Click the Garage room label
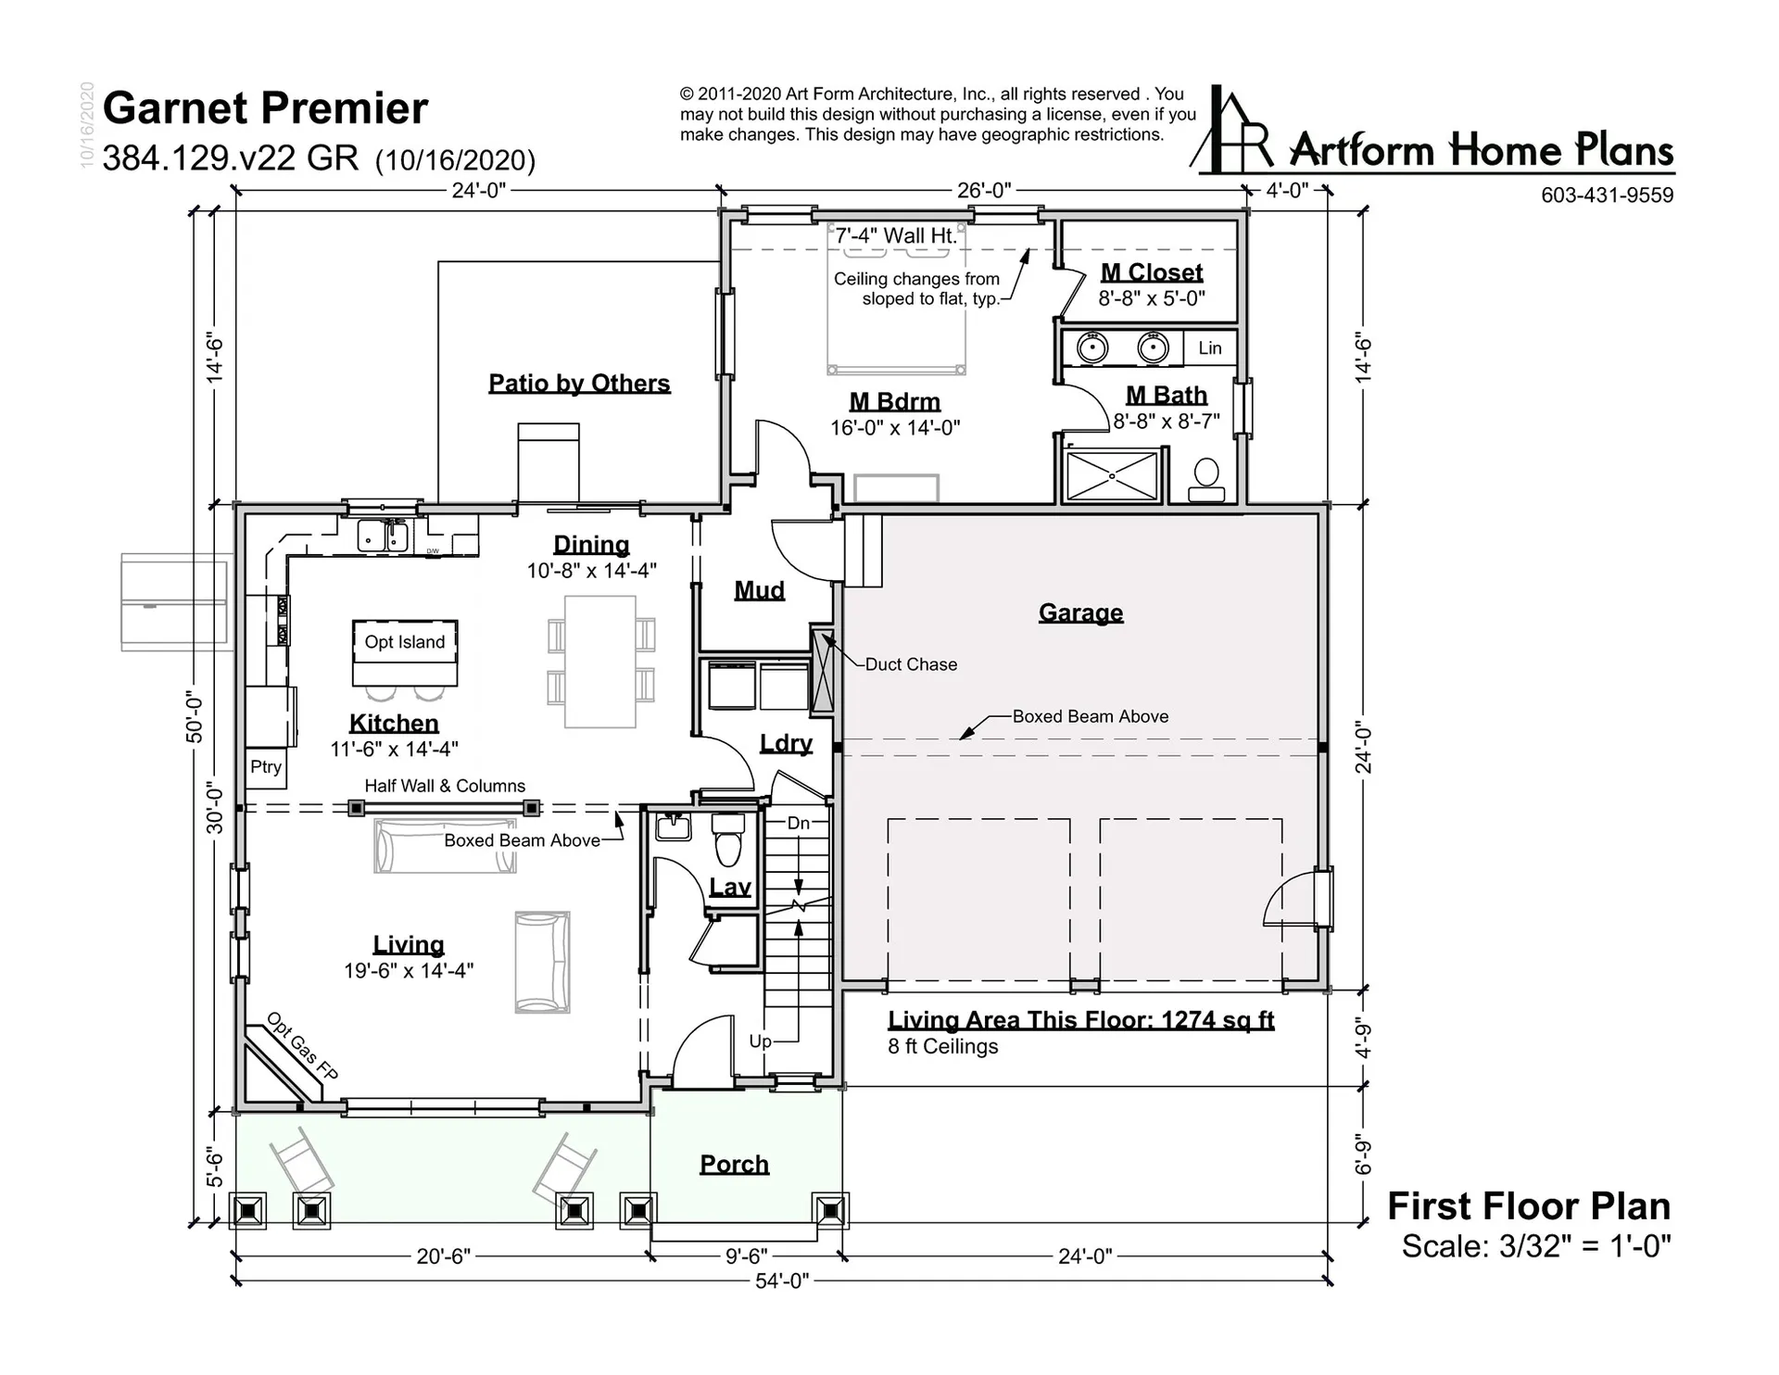[x=1080, y=612]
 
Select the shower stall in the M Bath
[x=1113, y=475]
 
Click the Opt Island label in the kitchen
[x=405, y=642]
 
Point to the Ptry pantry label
[x=266, y=766]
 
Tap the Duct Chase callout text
[x=911, y=664]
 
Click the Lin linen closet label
[x=1210, y=347]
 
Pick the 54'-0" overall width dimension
[x=782, y=1280]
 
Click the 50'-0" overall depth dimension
[x=195, y=716]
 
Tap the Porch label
[x=734, y=1164]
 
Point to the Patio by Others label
[x=579, y=384]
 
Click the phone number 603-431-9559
[x=1608, y=195]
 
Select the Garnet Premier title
[x=265, y=108]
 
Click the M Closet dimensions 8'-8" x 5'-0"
[x=1152, y=298]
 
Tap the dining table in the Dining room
[x=600, y=662]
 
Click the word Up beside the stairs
[x=760, y=1041]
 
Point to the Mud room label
[x=760, y=590]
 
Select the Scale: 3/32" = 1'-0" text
[x=1536, y=1246]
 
